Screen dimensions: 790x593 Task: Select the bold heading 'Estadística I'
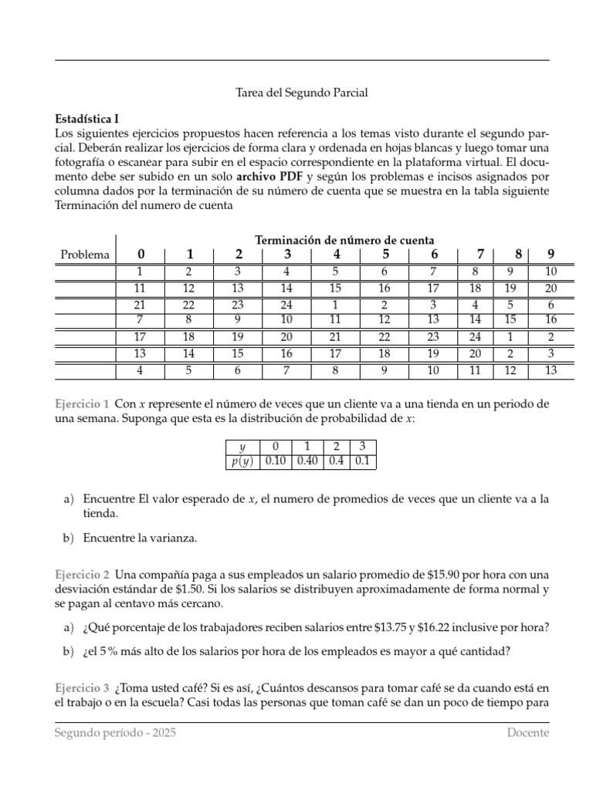(x=86, y=119)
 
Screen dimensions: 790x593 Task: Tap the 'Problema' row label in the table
(x=85, y=255)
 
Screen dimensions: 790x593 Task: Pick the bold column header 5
(x=385, y=255)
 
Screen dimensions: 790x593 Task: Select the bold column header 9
(x=551, y=255)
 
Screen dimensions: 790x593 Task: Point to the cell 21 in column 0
(x=140, y=305)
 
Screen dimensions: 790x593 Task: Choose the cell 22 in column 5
(x=385, y=337)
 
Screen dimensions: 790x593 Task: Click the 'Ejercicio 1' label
(x=82, y=404)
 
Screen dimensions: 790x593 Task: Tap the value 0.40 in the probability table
(x=307, y=461)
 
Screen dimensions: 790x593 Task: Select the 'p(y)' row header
(x=242, y=461)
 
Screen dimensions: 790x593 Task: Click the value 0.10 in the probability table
(x=276, y=461)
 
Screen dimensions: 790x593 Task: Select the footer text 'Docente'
(x=528, y=733)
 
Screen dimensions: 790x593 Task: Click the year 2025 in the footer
(x=162, y=733)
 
